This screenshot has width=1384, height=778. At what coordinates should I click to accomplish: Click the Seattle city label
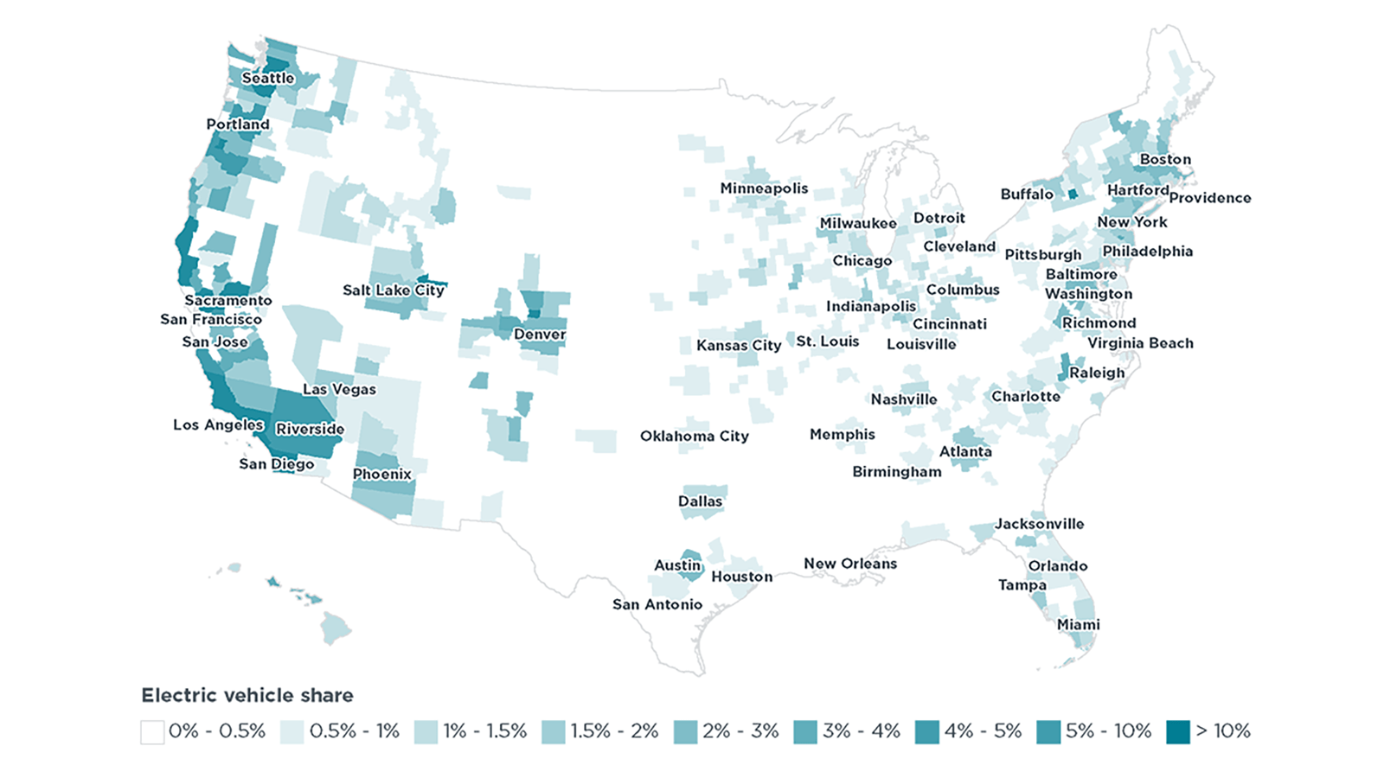point(267,78)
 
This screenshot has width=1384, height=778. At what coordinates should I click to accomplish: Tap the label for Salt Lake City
point(393,290)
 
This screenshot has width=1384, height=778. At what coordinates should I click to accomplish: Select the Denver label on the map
point(539,334)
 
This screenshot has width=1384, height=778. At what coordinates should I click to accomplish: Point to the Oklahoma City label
point(694,436)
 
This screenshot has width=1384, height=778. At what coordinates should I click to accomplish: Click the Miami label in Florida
point(1078,624)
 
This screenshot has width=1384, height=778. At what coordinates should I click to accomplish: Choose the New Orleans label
point(849,563)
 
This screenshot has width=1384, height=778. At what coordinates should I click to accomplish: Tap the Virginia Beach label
point(1139,342)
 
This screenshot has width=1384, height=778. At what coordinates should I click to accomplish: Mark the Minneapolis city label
point(764,188)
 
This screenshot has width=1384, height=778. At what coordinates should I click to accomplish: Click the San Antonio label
point(657,604)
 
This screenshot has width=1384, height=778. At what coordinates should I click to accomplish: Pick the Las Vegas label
point(339,389)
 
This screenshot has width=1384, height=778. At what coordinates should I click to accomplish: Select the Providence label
point(1209,197)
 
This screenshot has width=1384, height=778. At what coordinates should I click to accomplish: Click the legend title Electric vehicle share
point(247,695)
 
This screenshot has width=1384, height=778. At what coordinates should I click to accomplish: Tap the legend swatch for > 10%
point(1177,731)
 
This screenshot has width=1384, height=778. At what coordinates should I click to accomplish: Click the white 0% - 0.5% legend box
point(152,731)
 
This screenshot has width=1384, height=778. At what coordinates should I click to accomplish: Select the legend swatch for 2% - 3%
point(685,731)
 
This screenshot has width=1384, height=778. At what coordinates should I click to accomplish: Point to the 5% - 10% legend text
point(1108,731)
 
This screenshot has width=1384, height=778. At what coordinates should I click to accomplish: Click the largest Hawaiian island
point(336,628)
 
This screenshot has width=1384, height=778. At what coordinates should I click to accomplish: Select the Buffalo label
point(1026,194)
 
